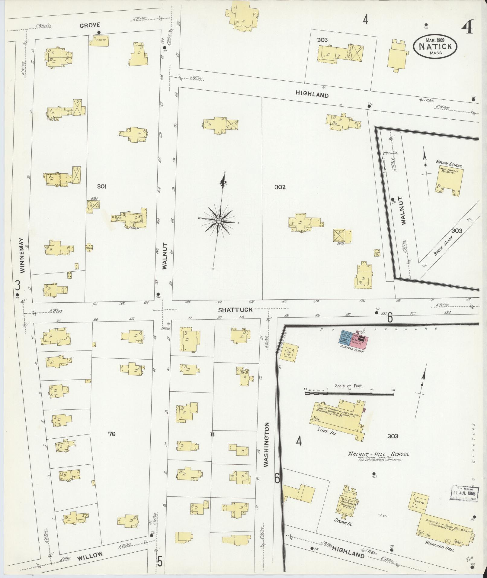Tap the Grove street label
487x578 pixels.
click(x=90, y=26)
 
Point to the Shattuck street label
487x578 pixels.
click(x=235, y=310)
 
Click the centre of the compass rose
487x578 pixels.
click(x=219, y=221)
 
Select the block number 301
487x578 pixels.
click(x=102, y=187)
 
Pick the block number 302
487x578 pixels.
click(x=280, y=187)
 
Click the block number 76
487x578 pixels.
click(x=112, y=434)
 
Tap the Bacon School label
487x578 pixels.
click(x=449, y=162)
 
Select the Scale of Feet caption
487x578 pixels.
click(x=349, y=386)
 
